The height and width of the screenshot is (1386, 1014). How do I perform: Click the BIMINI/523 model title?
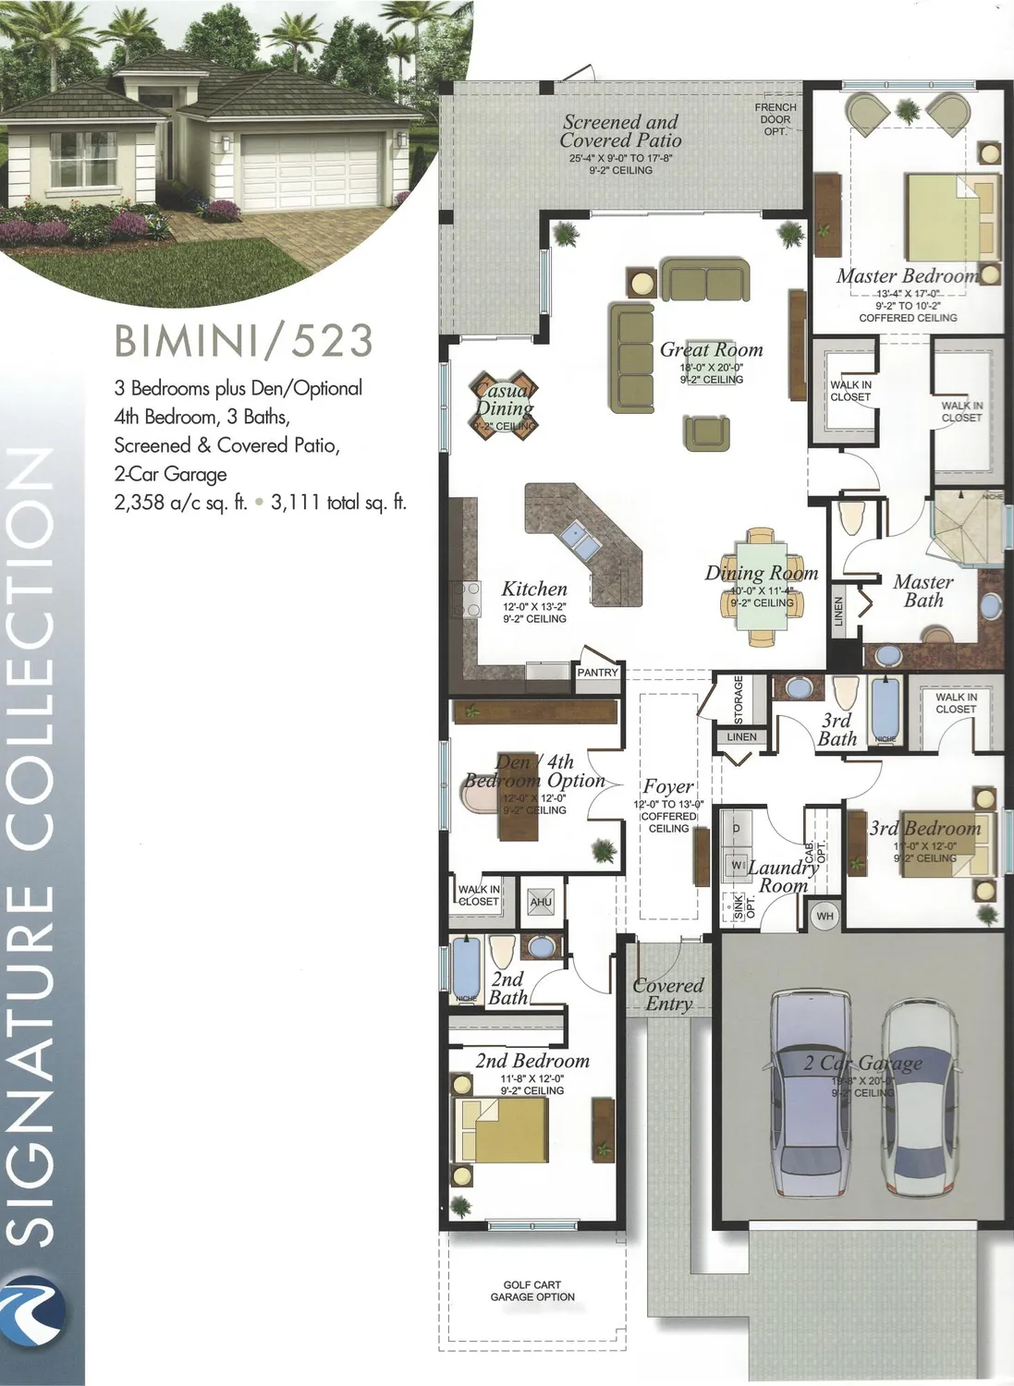tap(244, 341)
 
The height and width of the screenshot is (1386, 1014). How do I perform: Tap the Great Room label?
tap(711, 350)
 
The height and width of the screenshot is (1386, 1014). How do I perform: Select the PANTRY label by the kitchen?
tap(597, 673)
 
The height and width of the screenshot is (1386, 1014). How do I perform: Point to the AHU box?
tap(541, 902)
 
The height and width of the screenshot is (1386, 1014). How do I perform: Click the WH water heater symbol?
tap(825, 917)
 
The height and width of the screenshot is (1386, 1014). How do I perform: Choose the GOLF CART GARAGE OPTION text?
tap(532, 1291)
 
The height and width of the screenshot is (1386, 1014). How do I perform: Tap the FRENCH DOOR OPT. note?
tap(776, 119)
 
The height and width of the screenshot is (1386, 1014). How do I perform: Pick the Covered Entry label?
tap(668, 994)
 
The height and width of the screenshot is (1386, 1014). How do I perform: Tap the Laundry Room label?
tap(783, 876)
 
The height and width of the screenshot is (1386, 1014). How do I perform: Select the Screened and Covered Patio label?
tap(620, 131)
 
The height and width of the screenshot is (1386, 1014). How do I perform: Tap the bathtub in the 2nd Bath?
tap(466, 968)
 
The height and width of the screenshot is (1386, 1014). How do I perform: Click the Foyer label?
tap(668, 786)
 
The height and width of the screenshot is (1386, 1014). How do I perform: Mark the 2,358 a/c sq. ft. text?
tap(181, 503)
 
